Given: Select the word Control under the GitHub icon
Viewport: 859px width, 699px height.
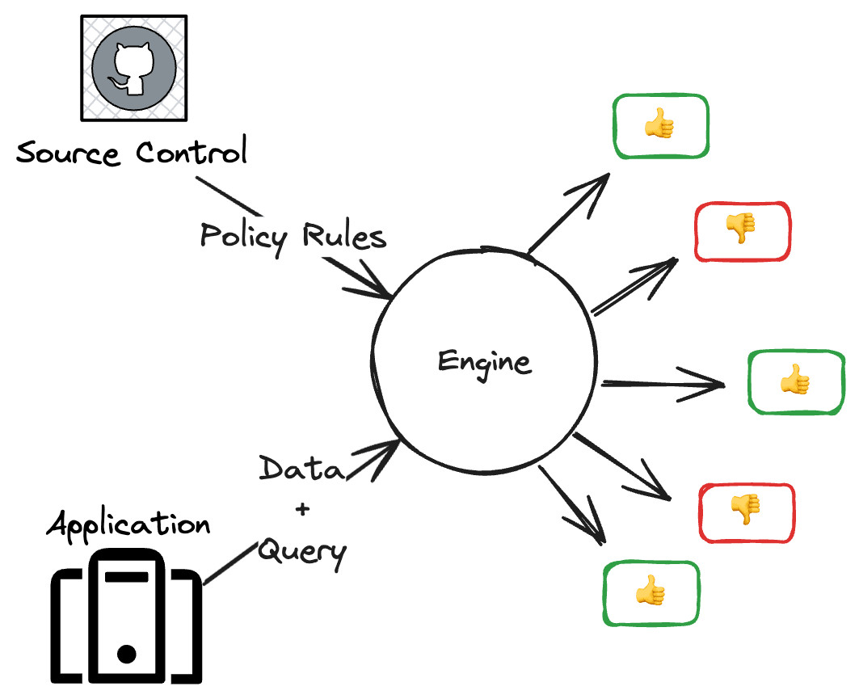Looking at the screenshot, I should [x=191, y=152].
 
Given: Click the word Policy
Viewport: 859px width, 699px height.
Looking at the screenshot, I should [x=243, y=237].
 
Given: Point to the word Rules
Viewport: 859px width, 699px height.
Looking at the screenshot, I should [x=343, y=237].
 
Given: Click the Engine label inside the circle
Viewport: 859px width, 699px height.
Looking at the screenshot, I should [x=484, y=362].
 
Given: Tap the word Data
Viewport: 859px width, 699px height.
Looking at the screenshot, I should [x=301, y=470].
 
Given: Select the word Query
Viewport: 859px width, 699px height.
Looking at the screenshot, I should [x=302, y=553].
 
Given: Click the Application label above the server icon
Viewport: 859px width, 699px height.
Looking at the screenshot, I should [x=128, y=525].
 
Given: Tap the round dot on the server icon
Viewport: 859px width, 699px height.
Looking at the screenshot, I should [x=126, y=653].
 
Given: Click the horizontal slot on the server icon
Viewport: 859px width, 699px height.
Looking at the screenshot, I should [x=126, y=576].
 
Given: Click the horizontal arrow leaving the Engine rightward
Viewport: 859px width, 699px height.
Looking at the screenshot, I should [x=663, y=383].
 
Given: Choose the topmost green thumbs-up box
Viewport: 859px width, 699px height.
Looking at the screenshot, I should [x=659, y=126].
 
